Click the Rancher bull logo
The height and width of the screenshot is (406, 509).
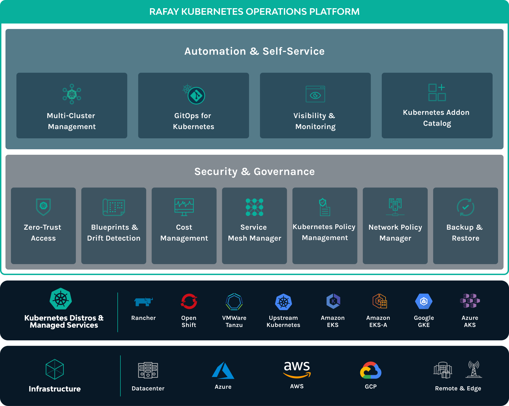tap(143, 302)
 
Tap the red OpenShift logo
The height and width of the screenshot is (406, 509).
tap(189, 301)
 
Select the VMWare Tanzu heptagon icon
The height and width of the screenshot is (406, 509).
tap(234, 302)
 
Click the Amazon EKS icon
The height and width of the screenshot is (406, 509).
tap(333, 301)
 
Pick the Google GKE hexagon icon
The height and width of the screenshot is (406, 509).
tap(424, 301)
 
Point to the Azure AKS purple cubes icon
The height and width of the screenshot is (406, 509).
tap(470, 301)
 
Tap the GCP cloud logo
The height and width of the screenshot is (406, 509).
tap(371, 370)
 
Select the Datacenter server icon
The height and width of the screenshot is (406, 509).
tap(148, 370)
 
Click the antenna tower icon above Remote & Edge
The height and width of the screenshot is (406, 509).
tap(474, 369)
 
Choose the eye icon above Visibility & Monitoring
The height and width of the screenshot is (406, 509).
tap(315, 94)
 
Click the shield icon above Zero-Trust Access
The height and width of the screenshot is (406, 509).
tap(44, 207)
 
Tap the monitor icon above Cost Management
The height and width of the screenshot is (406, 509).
tap(184, 207)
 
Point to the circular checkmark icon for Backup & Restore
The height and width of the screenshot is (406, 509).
tap(465, 207)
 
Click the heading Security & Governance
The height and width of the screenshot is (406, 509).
tap(255, 171)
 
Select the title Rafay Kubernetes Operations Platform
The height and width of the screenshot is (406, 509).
tap(255, 12)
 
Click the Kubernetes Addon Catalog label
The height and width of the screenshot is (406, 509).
tap(437, 118)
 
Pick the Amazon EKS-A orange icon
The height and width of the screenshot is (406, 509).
tap(380, 301)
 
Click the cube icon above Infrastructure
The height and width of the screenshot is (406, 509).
tap(55, 369)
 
